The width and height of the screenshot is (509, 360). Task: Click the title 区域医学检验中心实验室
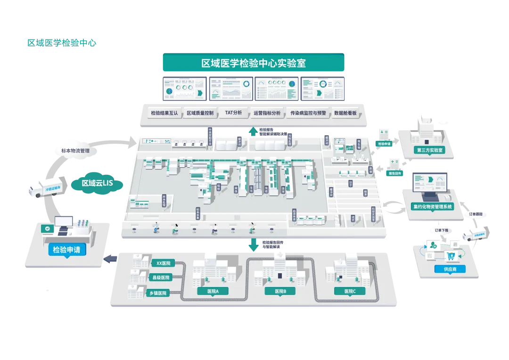[x=254, y=63]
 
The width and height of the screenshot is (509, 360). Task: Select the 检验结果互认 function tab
[x=164, y=113]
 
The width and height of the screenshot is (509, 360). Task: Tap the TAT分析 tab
[x=233, y=113]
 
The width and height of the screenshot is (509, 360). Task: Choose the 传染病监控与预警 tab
[x=308, y=113]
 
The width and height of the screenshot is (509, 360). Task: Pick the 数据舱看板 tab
[x=345, y=113]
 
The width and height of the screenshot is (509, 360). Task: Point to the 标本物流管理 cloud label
[x=75, y=151]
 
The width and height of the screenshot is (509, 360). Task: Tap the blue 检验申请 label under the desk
[x=66, y=249]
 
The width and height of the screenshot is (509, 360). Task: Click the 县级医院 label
[x=161, y=278]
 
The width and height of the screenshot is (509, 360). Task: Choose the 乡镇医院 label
[x=158, y=293]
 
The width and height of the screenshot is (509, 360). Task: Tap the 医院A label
[x=213, y=291]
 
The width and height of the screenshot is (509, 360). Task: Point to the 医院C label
[x=350, y=291]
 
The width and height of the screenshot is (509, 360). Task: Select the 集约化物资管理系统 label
[x=432, y=206]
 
